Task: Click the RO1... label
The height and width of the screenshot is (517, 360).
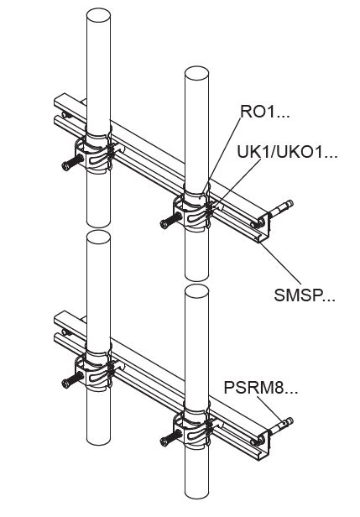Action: [264, 112]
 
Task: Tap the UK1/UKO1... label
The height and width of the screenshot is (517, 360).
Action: [287, 153]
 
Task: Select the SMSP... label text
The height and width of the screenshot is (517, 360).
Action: [304, 295]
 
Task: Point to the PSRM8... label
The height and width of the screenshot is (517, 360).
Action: [260, 388]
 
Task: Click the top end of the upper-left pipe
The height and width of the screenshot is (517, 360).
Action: [98, 15]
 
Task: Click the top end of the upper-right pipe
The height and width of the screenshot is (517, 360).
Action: [196, 74]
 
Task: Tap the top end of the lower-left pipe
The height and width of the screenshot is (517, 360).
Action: [98, 237]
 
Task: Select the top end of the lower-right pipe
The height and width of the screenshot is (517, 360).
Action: [196, 291]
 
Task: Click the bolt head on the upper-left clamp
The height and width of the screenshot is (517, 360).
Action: [66, 166]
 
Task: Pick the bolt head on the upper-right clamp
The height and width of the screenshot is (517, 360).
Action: [164, 224]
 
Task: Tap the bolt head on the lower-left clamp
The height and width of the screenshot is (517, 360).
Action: [66, 383]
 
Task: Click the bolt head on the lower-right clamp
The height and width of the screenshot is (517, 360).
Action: [164, 441]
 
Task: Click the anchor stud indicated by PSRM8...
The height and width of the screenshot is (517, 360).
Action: [281, 426]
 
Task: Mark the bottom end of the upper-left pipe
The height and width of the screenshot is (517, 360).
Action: [98, 223]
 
